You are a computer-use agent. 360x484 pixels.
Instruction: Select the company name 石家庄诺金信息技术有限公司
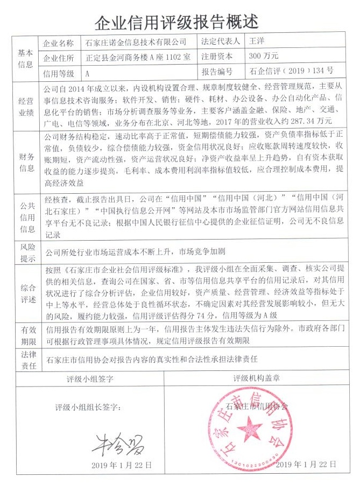[136, 42]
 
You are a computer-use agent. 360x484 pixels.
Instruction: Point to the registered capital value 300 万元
[263, 55]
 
